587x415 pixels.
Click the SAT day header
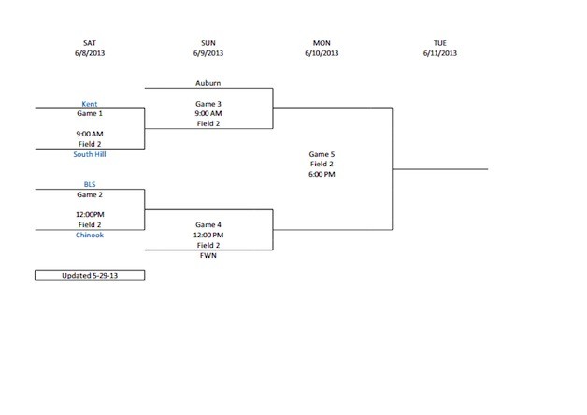pos(90,43)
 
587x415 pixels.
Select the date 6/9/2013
pos(208,53)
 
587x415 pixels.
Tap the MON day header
pos(321,43)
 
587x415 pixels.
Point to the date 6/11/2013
pos(439,53)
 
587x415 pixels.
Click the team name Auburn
pos(208,83)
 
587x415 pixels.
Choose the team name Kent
pos(90,103)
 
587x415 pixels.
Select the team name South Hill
pos(90,154)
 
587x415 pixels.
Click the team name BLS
pos(90,184)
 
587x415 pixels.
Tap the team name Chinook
pos(90,235)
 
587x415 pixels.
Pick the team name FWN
pos(208,254)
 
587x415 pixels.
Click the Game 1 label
pos(90,113)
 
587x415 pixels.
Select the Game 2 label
pos(90,194)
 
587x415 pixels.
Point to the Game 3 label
pos(208,103)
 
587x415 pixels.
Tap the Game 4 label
pos(208,224)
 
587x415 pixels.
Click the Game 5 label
pos(322,154)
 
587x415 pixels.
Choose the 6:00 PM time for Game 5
pos(322,174)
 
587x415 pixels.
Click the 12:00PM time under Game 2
pos(90,214)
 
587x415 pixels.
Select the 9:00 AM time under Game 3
pos(208,113)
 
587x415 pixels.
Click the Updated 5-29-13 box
pos(90,276)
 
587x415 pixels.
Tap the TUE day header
pos(439,43)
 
